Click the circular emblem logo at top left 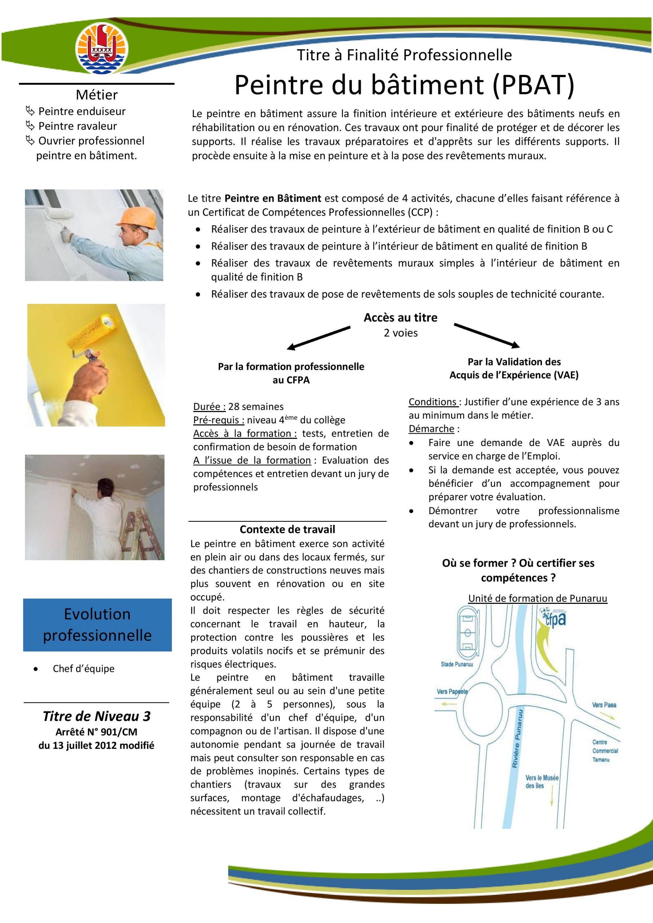(x=102, y=48)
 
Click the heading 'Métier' (x=97, y=95)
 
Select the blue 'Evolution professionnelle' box (x=97, y=625)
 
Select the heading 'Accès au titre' (x=401, y=318)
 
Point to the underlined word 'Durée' (x=209, y=407)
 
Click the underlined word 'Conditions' (x=433, y=402)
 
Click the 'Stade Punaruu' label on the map (x=457, y=664)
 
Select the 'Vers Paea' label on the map (x=604, y=705)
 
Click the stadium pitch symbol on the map (x=467, y=633)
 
